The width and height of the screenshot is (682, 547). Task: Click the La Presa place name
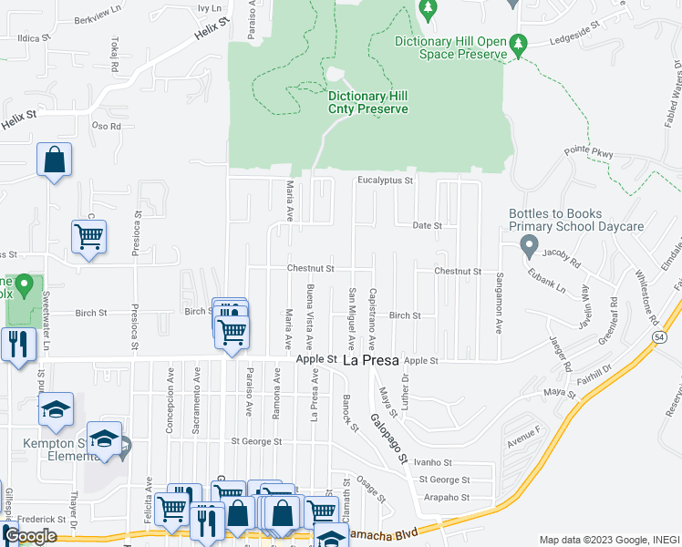[x=370, y=361]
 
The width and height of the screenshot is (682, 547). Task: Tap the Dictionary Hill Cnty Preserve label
[x=367, y=102]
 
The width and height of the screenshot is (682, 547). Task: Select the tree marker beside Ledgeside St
[x=519, y=44]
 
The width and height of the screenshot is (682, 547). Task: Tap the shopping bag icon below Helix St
[x=55, y=160]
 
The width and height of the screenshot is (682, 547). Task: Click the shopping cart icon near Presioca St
[x=88, y=237]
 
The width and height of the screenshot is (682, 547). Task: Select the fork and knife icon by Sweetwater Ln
[x=17, y=344]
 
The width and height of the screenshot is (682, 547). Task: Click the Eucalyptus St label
[x=385, y=181]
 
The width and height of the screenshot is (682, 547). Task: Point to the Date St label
[x=427, y=225]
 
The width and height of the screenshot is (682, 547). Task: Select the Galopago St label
[x=388, y=432]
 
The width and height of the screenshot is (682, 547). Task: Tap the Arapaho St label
[x=447, y=498]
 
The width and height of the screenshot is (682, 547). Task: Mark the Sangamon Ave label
[x=500, y=303]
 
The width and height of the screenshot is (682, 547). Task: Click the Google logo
[x=31, y=536]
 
